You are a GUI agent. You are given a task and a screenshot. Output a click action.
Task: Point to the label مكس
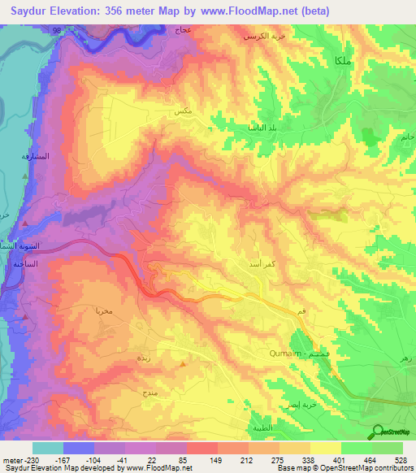tap(183, 111)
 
